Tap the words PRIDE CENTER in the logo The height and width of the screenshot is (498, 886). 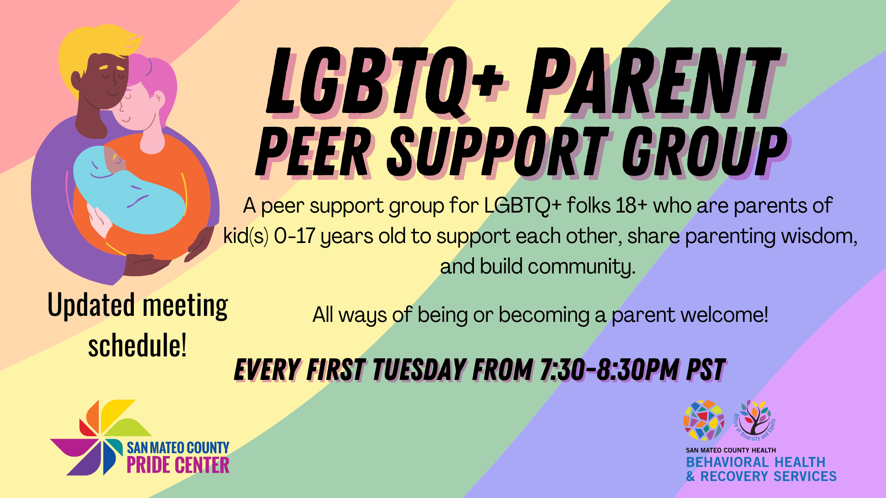click(178, 465)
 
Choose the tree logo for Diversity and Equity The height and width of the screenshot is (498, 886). click(755, 420)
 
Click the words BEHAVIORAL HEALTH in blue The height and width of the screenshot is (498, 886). click(755, 462)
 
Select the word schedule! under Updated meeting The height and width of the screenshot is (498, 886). click(138, 346)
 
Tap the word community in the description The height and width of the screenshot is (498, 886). click(581, 267)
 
